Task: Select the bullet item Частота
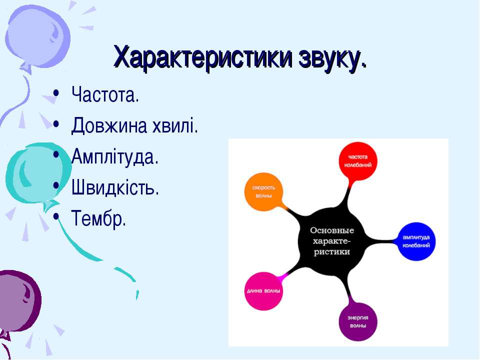pos(105,94)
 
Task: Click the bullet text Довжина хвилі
pos(134,125)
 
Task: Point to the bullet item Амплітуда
pos(115,156)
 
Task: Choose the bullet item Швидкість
pos(115,187)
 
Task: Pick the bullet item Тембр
pos(98,218)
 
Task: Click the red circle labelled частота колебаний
pos(358,161)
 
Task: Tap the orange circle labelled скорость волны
pos(263,192)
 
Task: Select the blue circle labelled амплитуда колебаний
pos(416,241)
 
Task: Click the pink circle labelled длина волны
pos(263,291)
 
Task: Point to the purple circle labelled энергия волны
pos(358,321)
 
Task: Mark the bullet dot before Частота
pos(55,93)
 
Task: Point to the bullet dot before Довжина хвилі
pos(55,124)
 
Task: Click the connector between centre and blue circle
pos(381,241)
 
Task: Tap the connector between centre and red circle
pos(347,194)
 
